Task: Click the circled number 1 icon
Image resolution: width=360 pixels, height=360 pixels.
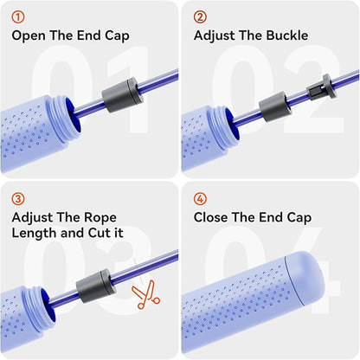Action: pos(18,17)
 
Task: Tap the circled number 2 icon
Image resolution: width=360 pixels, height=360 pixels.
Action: pos(200,17)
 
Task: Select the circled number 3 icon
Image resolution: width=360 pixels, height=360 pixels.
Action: pos(18,199)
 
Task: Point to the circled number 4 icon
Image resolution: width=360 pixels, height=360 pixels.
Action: pos(200,199)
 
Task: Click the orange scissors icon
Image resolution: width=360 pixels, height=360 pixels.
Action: pos(145,295)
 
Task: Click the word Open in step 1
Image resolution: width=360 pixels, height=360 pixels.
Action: pos(29,36)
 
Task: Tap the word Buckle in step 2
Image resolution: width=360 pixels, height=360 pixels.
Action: pos(287,35)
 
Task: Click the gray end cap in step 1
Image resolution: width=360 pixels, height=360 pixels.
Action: pos(123,95)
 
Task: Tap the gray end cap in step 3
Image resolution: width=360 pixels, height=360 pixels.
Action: pos(94,286)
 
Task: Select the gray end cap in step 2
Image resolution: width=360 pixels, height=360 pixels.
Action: pos(274,106)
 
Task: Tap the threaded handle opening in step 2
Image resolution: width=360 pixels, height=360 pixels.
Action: pos(228,127)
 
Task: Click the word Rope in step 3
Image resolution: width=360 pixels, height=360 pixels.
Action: pos(101,218)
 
